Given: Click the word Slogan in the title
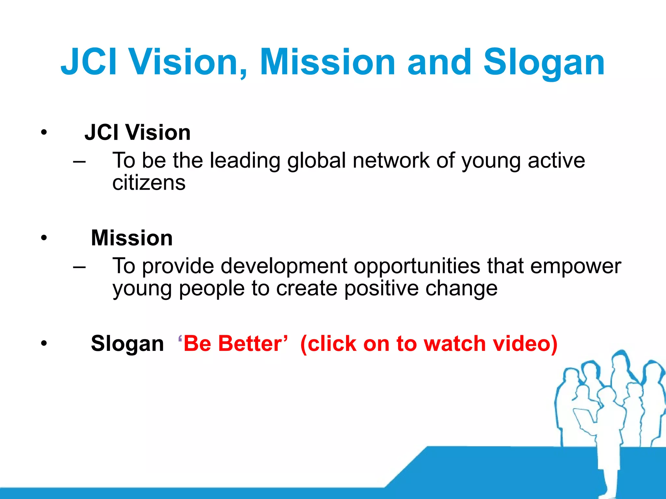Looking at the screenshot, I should tap(544, 62).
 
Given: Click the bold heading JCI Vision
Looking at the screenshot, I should tap(138, 133).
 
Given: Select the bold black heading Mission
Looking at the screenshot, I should tap(132, 238).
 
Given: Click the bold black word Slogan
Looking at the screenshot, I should tap(127, 344).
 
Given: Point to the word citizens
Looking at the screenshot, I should tap(149, 183).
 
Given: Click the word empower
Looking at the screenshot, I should tap(576, 266).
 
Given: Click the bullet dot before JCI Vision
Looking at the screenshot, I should tap(44, 133).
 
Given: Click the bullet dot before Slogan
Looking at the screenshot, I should tap(44, 344).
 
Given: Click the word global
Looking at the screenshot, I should tap(316, 161).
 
